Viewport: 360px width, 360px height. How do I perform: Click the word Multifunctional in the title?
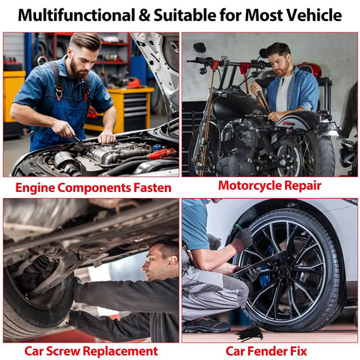tap(76, 15)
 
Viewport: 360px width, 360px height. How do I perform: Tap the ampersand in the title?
tap(145, 16)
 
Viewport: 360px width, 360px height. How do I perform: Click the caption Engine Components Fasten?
tap(93, 187)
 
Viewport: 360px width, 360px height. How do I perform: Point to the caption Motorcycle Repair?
tap(270, 186)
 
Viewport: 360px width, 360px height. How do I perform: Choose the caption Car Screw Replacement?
tap(91, 351)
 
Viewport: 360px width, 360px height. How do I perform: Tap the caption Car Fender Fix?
tap(266, 351)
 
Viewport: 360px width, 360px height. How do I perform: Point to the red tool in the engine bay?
tap(162, 153)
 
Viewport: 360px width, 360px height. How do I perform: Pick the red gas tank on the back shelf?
tap(309, 69)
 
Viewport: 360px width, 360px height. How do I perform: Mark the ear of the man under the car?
tap(172, 262)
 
